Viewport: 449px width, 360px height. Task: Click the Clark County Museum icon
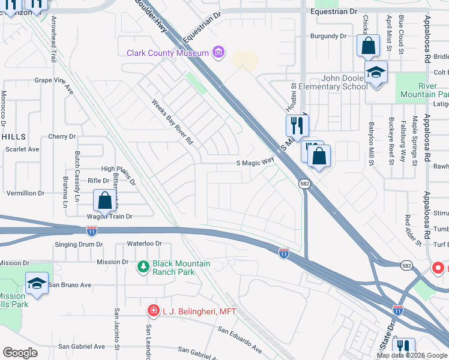pos(218,53)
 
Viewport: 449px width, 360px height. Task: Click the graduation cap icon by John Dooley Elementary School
pos(376,73)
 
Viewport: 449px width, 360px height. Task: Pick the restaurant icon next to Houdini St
pos(297,127)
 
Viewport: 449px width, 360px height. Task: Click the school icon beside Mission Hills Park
pos(37,284)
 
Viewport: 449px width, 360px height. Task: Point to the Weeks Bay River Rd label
pos(172,122)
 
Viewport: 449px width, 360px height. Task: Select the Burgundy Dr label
pos(328,36)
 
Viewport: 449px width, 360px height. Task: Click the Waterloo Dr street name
pos(145,244)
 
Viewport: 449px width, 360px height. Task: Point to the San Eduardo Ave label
pos(240,340)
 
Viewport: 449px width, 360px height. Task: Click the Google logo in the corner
pos(20,353)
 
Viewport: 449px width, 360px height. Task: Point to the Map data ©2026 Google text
pos(411,355)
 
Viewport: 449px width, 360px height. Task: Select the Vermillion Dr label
pos(25,193)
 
